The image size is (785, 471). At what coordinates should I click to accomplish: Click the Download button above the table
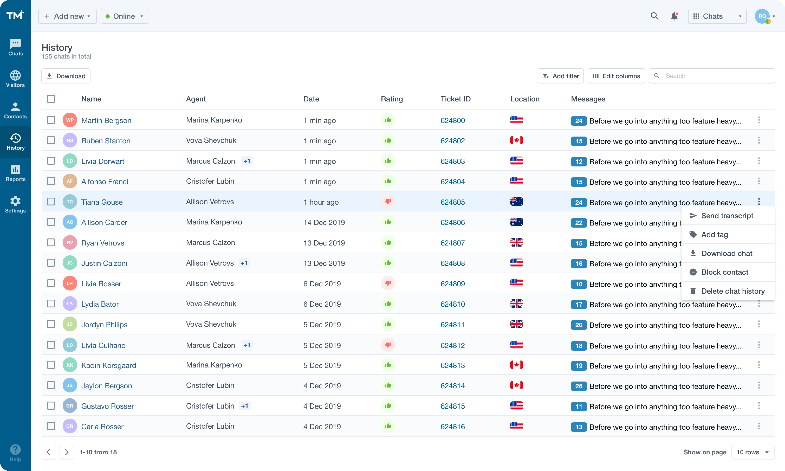[66, 76]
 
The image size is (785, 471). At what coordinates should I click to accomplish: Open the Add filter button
[560, 76]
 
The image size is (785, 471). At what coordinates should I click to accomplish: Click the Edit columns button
[616, 76]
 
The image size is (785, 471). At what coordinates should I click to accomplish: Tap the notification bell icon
[674, 16]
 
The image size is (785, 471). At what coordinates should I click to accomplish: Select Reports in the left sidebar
[15, 173]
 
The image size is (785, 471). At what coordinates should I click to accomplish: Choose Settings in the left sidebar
[15, 204]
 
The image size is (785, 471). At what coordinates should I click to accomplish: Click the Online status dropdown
[124, 16]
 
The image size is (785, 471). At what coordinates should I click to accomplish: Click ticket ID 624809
[452, 284]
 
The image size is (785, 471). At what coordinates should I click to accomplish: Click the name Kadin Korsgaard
[109, 365]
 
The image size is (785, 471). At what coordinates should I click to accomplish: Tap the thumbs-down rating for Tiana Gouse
[388, 202]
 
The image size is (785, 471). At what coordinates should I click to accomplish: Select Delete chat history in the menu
[733, 291]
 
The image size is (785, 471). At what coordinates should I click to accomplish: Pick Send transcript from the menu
[727, 216]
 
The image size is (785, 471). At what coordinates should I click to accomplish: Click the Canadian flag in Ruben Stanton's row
[516, 140]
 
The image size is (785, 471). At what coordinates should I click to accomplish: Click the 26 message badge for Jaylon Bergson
[578, 386]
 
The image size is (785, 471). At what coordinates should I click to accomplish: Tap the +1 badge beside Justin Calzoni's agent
[244, 263]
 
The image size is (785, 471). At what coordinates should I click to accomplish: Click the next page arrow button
[67, 452]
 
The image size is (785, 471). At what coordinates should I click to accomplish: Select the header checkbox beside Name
[51, 99]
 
